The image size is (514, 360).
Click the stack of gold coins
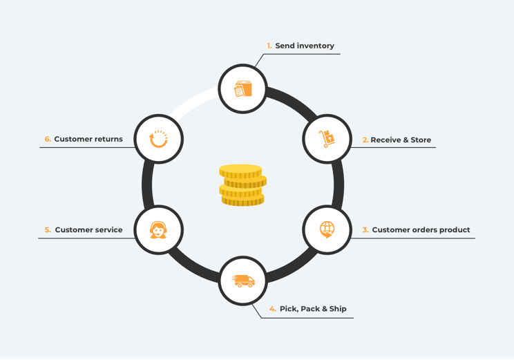[x=242, y=185]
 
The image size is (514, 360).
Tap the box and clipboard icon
[x=243, y=88]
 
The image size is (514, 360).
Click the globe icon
[x=327, y=229]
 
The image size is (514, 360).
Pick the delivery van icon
[x=243, y=281]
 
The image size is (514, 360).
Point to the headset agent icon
[x=158, y=230]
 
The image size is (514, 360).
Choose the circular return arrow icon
[x=158, y=139]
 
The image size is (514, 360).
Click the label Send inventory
[x=305, y=46]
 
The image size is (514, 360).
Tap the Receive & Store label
[x=401, y=140]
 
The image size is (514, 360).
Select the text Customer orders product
[x=421, y=230]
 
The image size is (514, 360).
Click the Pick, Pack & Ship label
[x=313, y=309]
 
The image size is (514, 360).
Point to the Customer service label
[x=88, y=230]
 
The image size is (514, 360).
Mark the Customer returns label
[x=88, y=139]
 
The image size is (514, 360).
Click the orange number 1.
[x=269, y=46]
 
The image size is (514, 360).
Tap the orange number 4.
[x=273, y=309]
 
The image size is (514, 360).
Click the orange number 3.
[x=365, y=230]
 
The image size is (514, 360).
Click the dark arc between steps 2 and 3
[x=339, y=184]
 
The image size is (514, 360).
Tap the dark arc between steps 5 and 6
[x=147, y=184]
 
